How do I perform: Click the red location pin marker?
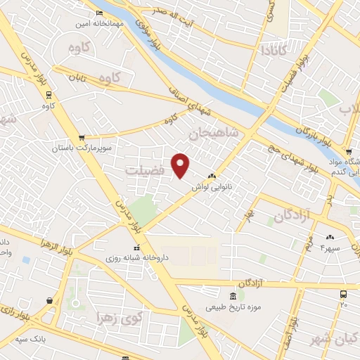click(x=181, y=165)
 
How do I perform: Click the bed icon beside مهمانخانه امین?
click(x=98, y=13)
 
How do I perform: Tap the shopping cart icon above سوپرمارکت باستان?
click(x=82, y=138)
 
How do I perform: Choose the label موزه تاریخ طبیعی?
click(x=233, y=307)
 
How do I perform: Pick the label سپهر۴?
click(x=330, y=248)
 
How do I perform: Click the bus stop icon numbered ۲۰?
click(x=343, y=295)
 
